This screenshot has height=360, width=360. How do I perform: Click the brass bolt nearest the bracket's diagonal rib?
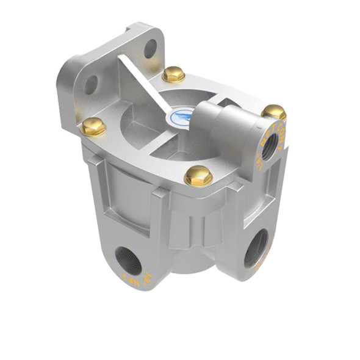point(174,74)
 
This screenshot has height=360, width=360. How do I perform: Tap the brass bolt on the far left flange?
point(94,126)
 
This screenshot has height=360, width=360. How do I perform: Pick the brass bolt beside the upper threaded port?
point(274,112)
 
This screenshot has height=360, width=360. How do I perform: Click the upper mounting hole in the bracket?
point(149,48)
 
